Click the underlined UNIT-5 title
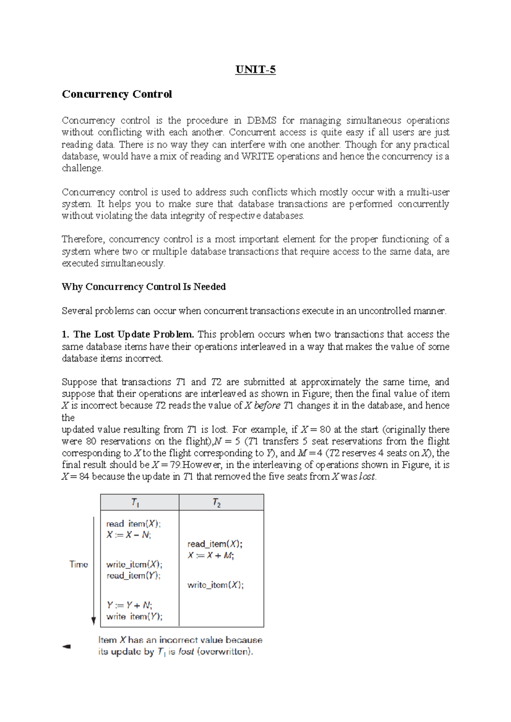pyautogui.click(x=255, y=69)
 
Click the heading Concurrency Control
pyautogui.click(x=117, y=94)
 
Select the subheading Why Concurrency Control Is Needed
pyautogui.click(x=144, y=287)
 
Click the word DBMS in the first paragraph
pyautogui.click(x=261, y=120)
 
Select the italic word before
pyautogui.click(x=267, y=405)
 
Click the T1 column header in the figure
pyautogui.click(x=135, y=502)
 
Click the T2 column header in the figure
pyautogui.click(x=217, y=503)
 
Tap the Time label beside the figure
pyautogui.click(x=78, y=564)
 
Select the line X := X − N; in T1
pyautogui.click(x=128, y=535)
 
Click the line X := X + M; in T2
pyautogui.click(x=210, y=555)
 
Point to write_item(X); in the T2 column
pyautogui.click(x=215, y=585)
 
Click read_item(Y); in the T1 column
pyautogui.click(x=133, y=576)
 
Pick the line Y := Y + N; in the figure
pyautogui.click(x=129, y=605)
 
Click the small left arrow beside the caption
pyautogui.click(x=66, y=646)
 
